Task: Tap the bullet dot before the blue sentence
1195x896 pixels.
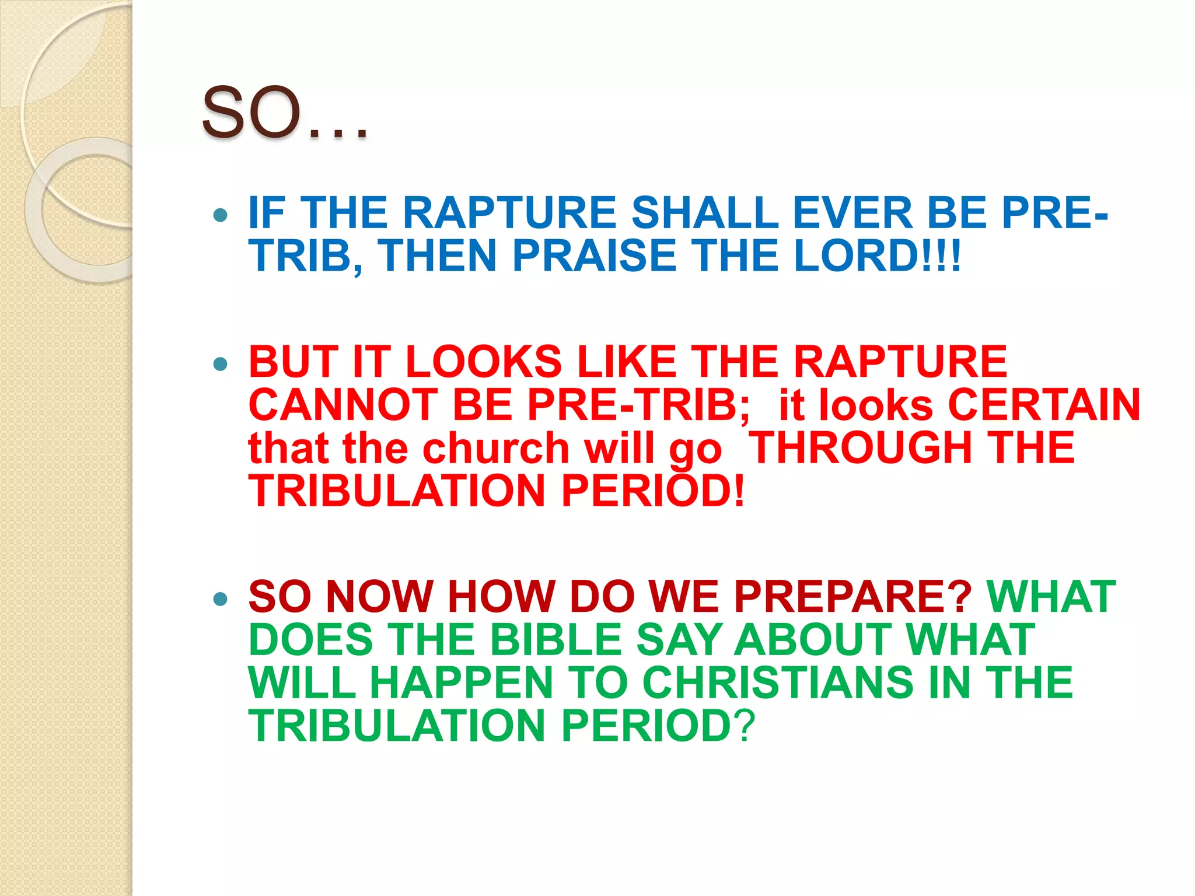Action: click(x=220, y=215)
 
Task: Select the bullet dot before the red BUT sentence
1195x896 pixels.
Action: click(x=220, y=365)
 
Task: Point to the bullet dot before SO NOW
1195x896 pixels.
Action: click(x=220, y=599)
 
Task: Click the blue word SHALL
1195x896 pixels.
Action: click(x=704, y=212)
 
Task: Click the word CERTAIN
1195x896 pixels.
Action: click(x=1044, y=405)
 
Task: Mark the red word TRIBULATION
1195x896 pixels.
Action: click(x=397, y=491)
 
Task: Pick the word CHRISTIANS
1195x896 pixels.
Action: click(x=777, y=682)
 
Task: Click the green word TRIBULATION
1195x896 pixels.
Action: click(x=397, y=726)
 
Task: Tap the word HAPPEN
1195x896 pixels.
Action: click(x=461, y=682)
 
